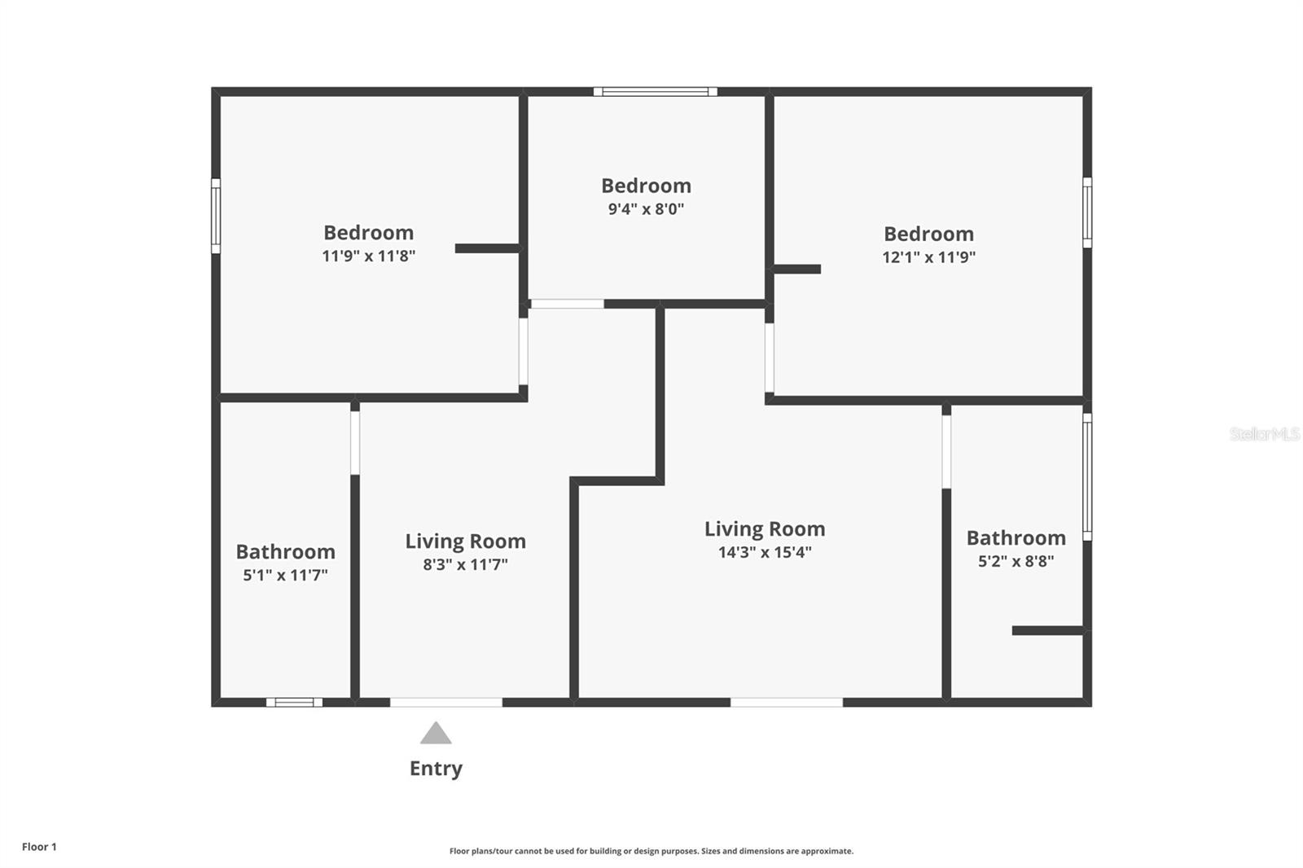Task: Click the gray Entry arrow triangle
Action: click(x=436, y=733)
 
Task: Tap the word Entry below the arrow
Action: click(x=437, y=769)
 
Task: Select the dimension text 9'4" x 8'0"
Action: click(x=646, y=208)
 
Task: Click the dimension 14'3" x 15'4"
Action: click(x=765, y=552)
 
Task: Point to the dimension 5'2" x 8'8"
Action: click(x=1016, y=561)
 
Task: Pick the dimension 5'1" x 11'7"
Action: click(x=285, y=576)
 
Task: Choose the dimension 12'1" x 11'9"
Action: click(x=928, y=257)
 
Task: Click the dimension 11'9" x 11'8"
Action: click(x=369, y=256)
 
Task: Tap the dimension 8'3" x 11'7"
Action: click(x=465, y=565)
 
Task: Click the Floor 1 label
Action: click(x=40, y=847)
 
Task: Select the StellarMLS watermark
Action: click(x=1266, y=434)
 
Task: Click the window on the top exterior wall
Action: click(x=655, y=91)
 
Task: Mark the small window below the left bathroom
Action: click(x=294, y=702)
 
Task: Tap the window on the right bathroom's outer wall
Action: click(x=1087, y=477)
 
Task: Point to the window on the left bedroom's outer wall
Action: click(x=216, y=216)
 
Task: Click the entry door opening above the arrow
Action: click(x=446, y=702)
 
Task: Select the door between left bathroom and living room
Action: click(x=355, y=443)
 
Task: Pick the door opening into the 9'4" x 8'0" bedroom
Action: click(x=567, y=304)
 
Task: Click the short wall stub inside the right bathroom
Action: click(x=1047, y=630)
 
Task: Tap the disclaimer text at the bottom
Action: click(x=651, y=851)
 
